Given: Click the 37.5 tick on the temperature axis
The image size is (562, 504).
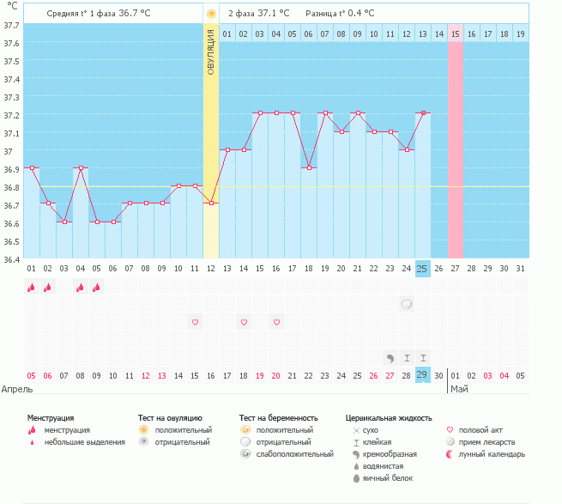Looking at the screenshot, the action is [11, 61].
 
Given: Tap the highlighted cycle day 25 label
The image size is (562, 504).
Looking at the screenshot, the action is [423, 269].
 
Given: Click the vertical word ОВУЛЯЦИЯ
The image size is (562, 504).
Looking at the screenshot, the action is [211, 52].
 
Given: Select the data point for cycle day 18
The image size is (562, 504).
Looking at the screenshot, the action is [309, 168].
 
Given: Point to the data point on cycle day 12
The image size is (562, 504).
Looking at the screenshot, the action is [211, 203].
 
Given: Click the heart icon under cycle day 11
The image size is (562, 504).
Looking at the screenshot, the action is [195, 322].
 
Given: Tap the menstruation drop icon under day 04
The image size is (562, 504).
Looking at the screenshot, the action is [81, 287].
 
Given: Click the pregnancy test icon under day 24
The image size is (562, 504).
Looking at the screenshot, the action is [407, 305].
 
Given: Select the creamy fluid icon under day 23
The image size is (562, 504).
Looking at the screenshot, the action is [390, 358].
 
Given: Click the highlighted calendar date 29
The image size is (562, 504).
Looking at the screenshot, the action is [423, 375].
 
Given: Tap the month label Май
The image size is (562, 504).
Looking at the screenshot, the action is [459, 389].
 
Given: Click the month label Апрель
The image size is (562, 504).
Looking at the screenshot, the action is [17, 389].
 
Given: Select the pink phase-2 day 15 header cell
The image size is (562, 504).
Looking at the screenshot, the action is [456, 33].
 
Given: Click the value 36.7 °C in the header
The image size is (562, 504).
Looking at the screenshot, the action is [135, 13].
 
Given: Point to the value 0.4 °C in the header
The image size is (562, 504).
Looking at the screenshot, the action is [360, 13].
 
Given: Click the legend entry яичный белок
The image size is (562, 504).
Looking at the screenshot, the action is [388, 478].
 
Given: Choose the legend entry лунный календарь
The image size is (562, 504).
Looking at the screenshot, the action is [492, 454].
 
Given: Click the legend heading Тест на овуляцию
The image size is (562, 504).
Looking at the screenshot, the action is [170, 418].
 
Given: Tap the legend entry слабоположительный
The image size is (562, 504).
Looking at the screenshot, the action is [294, 454].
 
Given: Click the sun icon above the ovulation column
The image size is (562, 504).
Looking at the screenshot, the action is [211, 14].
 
